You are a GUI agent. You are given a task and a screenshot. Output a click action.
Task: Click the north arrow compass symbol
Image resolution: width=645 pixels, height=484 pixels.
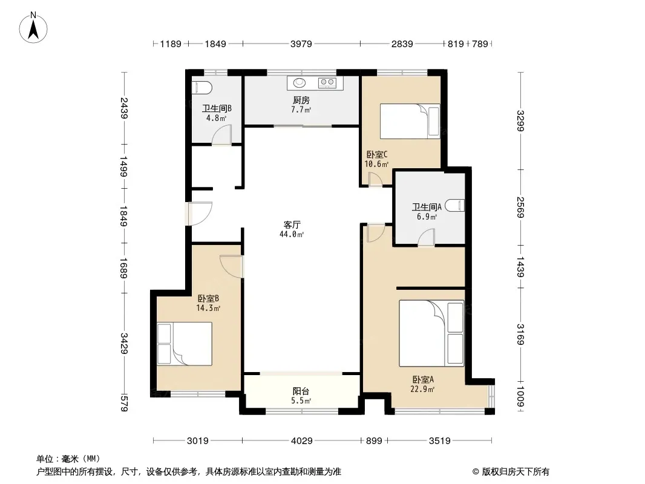[x=33, y=27]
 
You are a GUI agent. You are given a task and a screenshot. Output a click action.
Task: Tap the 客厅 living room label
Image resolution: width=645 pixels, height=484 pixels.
[x=292, y=224]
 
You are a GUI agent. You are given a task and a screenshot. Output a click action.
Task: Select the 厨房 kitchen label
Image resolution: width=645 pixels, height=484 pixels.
[x=301, y=100]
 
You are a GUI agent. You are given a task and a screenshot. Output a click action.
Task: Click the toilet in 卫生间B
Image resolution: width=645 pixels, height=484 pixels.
[x=202, y=87]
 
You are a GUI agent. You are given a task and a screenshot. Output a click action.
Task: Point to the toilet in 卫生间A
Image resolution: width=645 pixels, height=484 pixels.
[x=455, y=204]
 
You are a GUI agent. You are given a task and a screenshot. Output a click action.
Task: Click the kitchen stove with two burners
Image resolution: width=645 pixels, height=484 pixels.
[x=327, y=83]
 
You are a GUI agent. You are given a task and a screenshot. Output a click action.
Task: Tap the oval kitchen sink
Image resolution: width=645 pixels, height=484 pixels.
[x=300, y=83]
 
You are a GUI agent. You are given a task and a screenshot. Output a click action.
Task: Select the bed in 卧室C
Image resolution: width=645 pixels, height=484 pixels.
[x=410, y=122]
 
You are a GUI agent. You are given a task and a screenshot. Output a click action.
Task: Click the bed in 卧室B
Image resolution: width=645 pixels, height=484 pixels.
[x=185, y=344]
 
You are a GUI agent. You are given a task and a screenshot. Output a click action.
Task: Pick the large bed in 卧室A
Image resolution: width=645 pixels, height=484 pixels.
[x=431, y=333]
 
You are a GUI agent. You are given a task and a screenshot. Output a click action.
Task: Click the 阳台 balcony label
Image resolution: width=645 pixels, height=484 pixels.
[x=301, y=391]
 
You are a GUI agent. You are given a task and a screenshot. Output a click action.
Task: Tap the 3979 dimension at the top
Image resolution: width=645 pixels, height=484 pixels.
[x=301, y=44]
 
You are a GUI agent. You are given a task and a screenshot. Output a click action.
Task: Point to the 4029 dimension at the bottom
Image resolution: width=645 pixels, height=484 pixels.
[x=301, y=441]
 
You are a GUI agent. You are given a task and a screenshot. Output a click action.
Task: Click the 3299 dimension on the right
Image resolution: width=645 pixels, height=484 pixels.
[x=520, y=120]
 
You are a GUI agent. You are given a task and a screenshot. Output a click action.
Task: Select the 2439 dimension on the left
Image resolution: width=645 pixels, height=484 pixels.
[x=124, y=108]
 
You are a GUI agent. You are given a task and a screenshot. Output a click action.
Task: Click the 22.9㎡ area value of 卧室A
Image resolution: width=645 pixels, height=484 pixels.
[x=422, y=389]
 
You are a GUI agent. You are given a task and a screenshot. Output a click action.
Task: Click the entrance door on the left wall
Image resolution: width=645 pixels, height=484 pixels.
[x=198, y=214]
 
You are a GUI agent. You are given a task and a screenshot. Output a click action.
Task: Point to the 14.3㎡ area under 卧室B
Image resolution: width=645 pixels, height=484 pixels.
[x=208, y=308]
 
